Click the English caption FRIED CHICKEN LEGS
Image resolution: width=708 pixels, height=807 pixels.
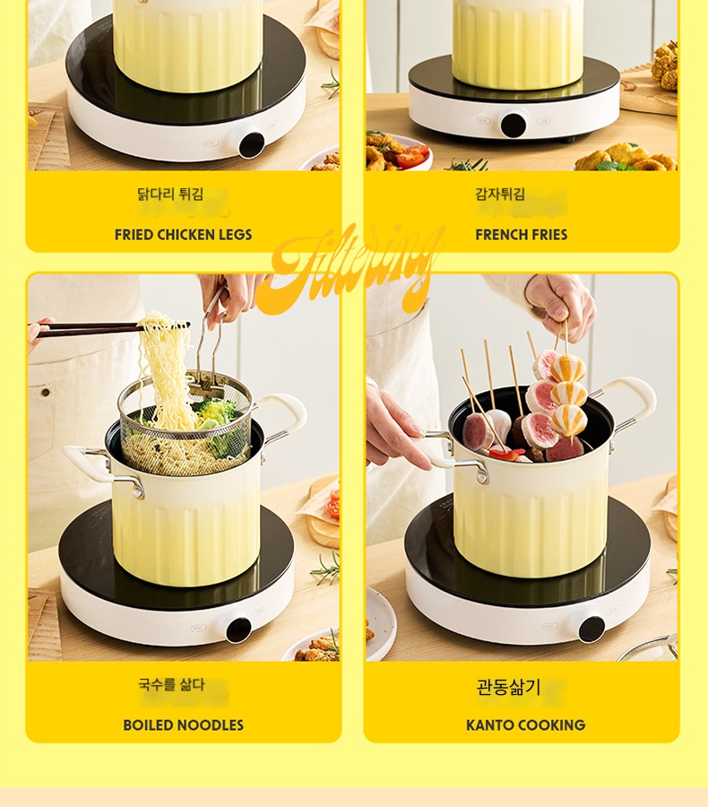tap(183, 235)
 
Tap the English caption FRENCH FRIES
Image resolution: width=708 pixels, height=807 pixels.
tap(522, 235)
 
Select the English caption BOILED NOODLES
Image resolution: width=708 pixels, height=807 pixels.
tap(183, 725)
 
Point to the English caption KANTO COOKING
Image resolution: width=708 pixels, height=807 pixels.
tap(525, 725)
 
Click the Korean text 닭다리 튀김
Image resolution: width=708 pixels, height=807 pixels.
tap(170, 194)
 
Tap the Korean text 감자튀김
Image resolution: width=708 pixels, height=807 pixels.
tap(500, 194)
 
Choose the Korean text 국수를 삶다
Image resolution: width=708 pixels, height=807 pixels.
tap(171, 684)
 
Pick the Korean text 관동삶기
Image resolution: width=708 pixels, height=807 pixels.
tap(508, 687)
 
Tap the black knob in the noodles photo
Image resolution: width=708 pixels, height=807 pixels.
tap(238, 629)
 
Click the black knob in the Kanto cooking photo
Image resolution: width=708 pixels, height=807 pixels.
tap(591, 629)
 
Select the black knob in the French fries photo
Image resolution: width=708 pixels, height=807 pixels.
tap(513, 125)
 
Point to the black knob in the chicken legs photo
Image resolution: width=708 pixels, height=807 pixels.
tap(251, 145)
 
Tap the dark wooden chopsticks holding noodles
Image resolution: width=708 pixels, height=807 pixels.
tap(110, 328)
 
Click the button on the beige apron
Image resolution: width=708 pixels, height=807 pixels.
tap(46, 393)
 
